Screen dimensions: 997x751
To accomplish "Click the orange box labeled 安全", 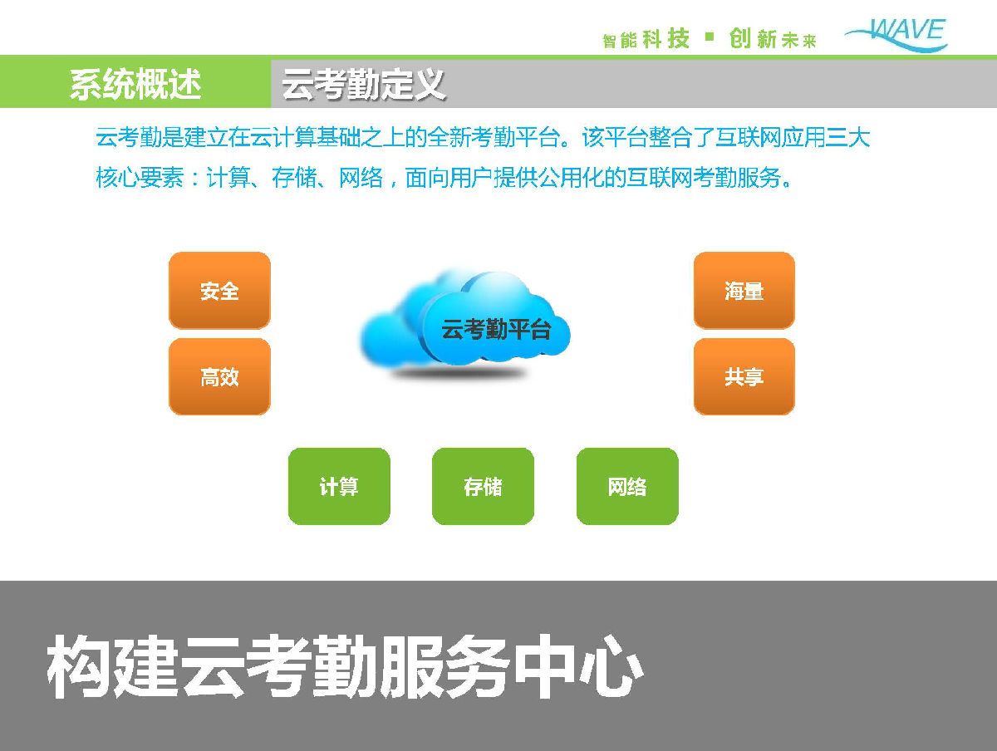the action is point(219,291).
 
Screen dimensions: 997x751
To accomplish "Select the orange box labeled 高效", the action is point(219,377).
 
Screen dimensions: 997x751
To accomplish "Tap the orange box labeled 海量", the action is point(744,291).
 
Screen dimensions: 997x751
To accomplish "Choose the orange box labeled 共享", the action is point(744,377).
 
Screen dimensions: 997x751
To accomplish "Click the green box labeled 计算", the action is point(339,486).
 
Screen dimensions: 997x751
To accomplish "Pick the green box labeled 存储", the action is point(483,486).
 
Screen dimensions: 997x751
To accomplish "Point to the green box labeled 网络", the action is point(627,486).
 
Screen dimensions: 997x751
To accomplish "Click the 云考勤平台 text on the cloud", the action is point(496,329).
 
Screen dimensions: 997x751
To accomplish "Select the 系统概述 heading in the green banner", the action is point(135,84).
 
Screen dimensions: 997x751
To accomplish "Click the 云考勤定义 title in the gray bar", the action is point(363,84).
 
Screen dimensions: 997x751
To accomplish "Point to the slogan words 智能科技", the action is point(646,38).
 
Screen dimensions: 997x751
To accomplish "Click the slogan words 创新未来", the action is point(773,38).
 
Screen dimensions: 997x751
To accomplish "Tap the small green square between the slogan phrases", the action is point(710,37).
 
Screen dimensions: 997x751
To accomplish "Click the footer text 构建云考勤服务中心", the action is point(345,666).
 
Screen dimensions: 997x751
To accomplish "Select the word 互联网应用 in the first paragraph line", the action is point(770,137).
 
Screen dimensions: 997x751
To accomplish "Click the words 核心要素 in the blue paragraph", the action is point(140,178).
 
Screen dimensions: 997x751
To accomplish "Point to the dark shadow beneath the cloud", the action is point(459,373).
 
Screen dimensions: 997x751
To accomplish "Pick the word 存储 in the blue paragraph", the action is point(294,178).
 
